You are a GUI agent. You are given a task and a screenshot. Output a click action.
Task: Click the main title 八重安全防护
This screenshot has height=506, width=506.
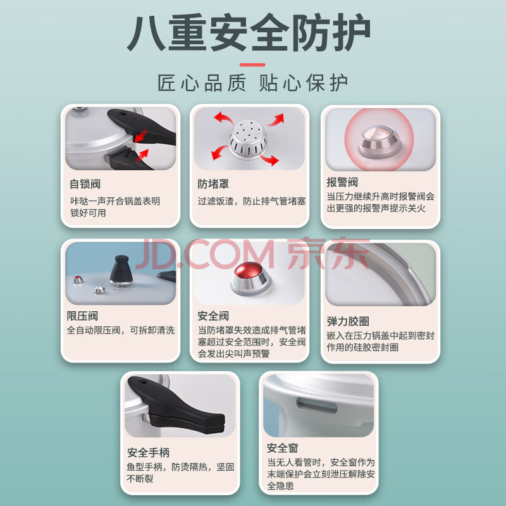coord(249,32)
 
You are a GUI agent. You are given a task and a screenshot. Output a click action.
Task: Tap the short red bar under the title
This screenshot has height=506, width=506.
coord(252,65)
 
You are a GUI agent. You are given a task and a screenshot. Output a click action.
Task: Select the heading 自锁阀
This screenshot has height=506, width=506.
coord(85,184)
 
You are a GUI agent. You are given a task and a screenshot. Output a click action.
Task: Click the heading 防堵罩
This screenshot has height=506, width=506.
coord(213,184)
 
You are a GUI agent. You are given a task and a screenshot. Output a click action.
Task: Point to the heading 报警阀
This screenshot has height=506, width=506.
coord(342,182)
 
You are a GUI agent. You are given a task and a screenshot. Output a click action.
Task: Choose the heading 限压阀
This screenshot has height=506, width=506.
coord(82,316)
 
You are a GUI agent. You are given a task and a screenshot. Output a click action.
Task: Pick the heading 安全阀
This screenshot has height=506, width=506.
coord(213,316)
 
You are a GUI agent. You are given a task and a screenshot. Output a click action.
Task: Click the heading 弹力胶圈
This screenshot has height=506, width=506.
coord(348,321)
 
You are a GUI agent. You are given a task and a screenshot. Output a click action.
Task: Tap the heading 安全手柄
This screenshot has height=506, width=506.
coord(148,452)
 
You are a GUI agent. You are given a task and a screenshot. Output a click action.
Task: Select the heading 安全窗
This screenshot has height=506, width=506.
coord(282,448)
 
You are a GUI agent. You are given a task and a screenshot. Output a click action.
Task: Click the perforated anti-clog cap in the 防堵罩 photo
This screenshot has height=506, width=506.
coord(248,139)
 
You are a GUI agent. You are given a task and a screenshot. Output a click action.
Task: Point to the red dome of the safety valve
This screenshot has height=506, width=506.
coord(248,270)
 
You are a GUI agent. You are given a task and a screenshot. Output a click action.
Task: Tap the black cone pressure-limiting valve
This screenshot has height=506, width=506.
coord(121,270)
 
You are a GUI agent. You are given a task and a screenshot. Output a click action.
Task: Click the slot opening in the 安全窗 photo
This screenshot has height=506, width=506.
coord(317,405)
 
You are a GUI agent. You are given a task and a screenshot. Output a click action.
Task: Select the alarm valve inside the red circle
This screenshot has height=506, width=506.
coord(379,142)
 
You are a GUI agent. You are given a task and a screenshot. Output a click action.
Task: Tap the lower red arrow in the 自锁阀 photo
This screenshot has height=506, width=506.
coord(142,155)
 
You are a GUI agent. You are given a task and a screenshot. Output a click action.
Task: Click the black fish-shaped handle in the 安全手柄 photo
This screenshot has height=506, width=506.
coord(176,405)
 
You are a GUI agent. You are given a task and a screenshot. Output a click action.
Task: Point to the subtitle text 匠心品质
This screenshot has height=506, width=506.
coord(202,83)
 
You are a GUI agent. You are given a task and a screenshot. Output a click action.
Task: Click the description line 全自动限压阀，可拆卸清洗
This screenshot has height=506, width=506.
coord(121,330)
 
